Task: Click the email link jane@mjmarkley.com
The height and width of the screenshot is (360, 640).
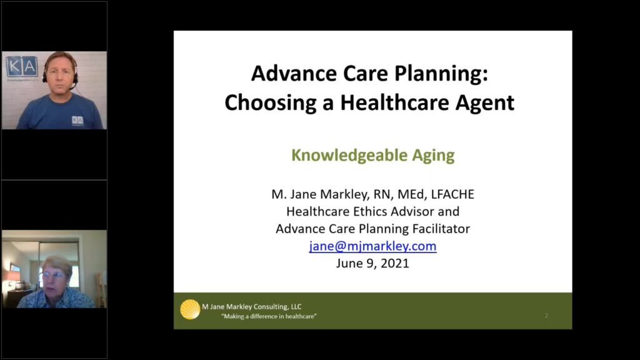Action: coord(372,246)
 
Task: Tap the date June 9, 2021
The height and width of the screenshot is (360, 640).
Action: coord(372,263)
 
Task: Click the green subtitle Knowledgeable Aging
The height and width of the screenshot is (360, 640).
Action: coord(372,156)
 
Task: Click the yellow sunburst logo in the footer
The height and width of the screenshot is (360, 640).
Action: coord(190,309)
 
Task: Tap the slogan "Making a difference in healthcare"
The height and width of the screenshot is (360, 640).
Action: coord(269,316)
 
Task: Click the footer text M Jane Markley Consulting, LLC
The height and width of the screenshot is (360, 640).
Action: coord(251,306)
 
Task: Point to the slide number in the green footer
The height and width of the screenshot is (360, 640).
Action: coord(546,316)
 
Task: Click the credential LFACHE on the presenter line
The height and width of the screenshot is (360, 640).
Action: coord(452,194)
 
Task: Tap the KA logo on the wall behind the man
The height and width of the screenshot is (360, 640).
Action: coord(22,66)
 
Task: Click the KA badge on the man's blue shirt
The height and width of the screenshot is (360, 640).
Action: coord(77,120)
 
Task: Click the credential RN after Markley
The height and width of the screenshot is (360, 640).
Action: coord(382,194)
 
